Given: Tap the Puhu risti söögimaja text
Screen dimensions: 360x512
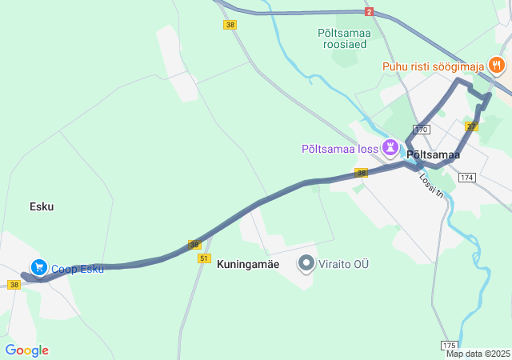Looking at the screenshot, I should coord(434,66).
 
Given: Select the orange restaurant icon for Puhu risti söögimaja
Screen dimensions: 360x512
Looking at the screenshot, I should coord(497,66).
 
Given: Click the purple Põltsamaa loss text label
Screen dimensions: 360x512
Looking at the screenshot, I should coord(339,148).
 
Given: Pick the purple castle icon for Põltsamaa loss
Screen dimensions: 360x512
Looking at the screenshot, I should coord(390,147).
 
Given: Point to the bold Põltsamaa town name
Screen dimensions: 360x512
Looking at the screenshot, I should coord(433,155).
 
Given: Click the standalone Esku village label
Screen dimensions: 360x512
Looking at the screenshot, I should coord(42,206).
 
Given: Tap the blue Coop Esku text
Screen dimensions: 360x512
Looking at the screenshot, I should coord(78,269).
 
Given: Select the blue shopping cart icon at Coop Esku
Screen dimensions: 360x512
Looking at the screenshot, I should coord(38,267).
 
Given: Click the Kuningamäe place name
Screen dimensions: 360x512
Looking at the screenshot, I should coord(248,263).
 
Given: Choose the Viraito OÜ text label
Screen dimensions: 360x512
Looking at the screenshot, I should coord(346,263).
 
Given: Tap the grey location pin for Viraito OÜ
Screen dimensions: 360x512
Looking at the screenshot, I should coord(306,262).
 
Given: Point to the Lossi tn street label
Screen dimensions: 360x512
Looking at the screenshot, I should coord(432,186).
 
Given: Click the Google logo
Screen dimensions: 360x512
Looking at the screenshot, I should coord(26,350).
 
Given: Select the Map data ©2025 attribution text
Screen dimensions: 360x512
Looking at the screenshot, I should coord(478,354).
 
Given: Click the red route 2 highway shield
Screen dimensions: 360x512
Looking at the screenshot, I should coord(369,12).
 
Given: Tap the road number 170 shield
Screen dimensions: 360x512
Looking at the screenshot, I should coord(422,130).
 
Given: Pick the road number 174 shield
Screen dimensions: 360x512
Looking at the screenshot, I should coord(468,177).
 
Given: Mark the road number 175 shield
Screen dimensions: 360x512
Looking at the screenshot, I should coord(450,345).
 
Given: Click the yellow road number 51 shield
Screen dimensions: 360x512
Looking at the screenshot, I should coord(203,258).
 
